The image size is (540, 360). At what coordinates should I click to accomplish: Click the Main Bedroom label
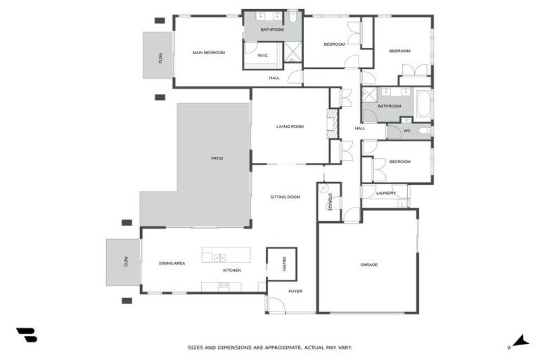point(209,53)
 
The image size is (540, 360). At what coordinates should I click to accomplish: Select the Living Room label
point(290,127)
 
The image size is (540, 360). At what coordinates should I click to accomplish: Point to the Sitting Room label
point(285,197)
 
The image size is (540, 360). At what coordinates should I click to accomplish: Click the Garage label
point(369,264)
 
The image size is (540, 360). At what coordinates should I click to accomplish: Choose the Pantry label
point(283,263)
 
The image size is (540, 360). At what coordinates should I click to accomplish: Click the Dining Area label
point(172,263)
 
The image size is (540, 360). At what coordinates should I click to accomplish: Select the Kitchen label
point(232,271)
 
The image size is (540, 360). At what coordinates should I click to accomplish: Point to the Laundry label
point(386,193)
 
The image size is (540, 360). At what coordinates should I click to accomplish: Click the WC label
point(406,131)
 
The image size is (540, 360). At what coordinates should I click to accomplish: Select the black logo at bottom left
point(27,335)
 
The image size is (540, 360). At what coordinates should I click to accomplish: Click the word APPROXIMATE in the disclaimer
point(280,347)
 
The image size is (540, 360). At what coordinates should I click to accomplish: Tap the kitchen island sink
point(219,258)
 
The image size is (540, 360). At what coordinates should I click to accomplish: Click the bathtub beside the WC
point(424,105)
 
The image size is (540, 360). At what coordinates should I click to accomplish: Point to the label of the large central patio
point(217,158)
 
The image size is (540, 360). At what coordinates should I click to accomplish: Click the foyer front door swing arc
point(276,305)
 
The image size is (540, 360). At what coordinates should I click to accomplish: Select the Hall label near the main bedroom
point(274,78)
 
